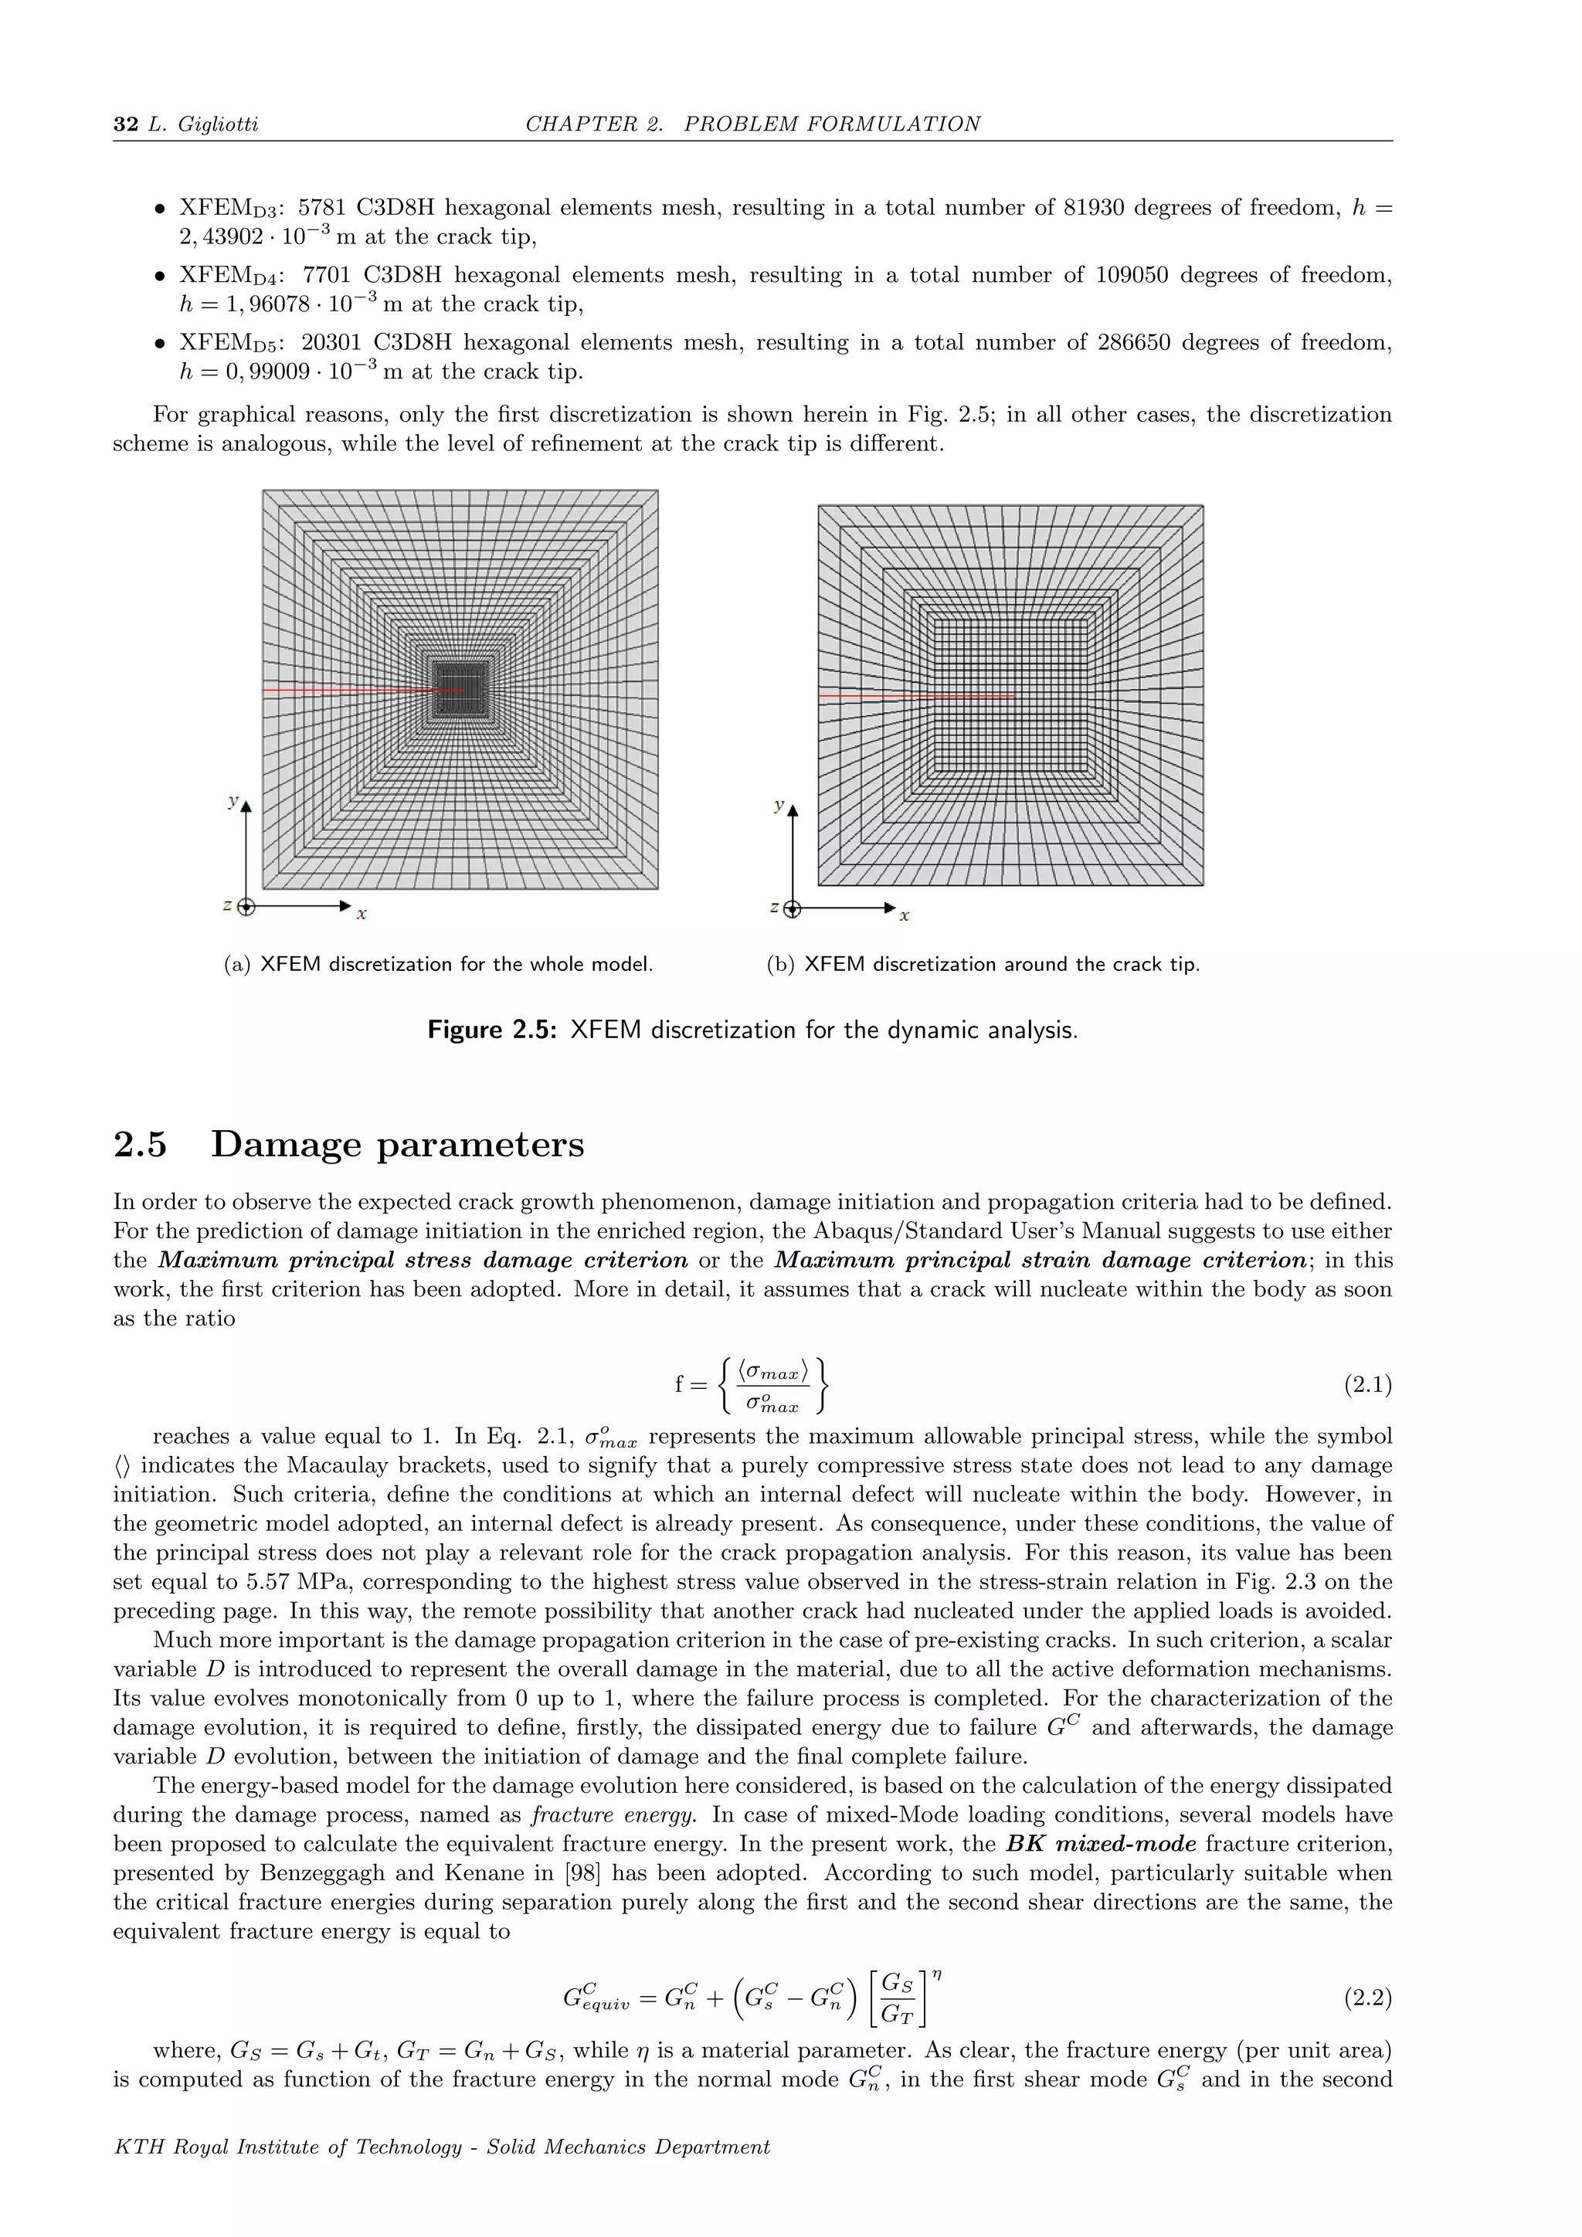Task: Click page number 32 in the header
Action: (x=126, y=124)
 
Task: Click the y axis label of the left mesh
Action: (x=232, y=801)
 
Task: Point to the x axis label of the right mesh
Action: (x=904, y=916)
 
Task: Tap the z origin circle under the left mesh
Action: (x=246, y=907)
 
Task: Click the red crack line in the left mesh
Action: (x=351, y=690)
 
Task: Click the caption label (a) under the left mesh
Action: (x=236, y=965)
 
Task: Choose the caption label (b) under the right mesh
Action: (x=780, y=965)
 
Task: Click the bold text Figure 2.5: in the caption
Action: (x=492, y=1030)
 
